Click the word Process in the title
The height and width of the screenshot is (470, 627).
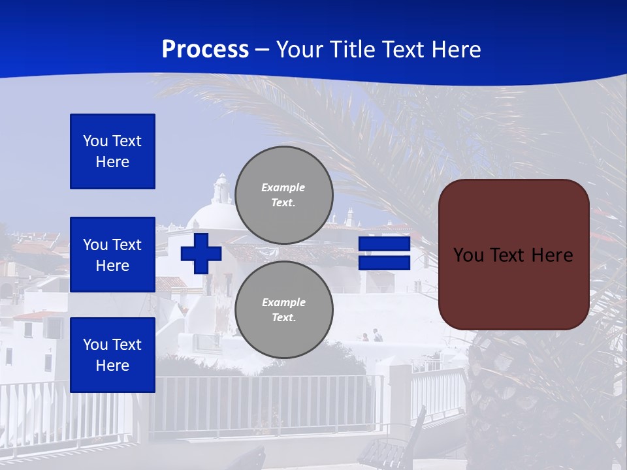click(x=205, y=50)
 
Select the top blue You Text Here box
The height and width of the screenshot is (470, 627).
click(x=112, y=151)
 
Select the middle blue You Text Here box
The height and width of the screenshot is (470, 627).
click(x=112, y=255)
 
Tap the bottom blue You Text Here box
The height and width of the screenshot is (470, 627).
click(x=112, y=354)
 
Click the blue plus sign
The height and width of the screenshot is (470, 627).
click(x=201, y=253)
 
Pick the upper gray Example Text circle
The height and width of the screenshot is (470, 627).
click(x=283, y=195)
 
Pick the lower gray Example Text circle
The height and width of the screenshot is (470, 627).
click(x=283, y=310)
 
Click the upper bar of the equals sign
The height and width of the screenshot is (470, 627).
click(x=384, y=244)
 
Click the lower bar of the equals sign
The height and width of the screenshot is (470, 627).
click(x=384, y=263)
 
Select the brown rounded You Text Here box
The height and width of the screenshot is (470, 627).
click(x=513, y=255)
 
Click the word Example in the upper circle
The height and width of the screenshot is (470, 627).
click(x=283, y=187)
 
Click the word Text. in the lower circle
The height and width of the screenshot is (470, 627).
click(x=283, y=318)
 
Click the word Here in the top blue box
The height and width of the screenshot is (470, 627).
click(x=112, y=162)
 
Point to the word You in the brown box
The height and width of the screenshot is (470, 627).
click(x=468, y=255)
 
